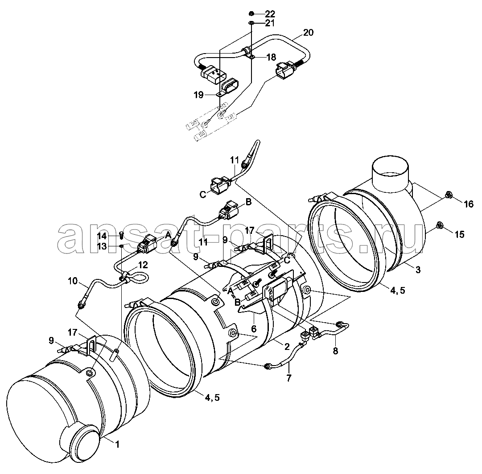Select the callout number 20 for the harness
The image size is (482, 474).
(x=308, y=32)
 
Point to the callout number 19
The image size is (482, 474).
(x=198, y=95)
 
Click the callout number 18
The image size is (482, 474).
(x=271, y=57)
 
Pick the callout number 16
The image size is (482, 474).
(x=469, y=204)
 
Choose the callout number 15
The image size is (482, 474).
(x=459, y=234)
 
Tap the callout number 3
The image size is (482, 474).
(x=418, y=270)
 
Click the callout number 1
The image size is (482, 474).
(x=117, y=445)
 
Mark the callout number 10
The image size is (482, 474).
(x=73, y=281)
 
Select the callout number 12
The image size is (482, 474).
(x=143, y=265)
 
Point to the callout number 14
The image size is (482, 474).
(x=102, y=236)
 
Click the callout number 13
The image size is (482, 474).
(x=102, y=246)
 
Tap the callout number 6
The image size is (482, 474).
(x=254, y=329)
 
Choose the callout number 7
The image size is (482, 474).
(x=288, y=378)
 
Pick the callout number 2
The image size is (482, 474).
(x=287, y=347)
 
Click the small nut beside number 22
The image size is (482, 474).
(x=251, y=13)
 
